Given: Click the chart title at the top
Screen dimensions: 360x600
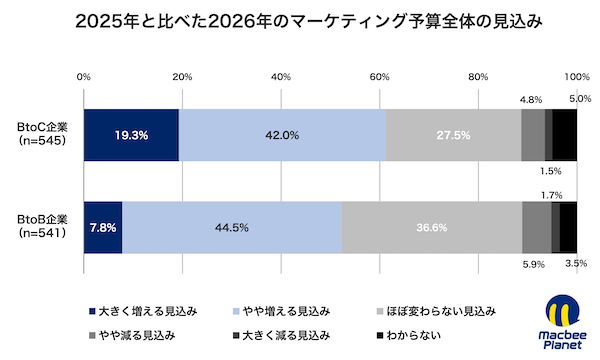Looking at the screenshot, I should (x=300, y=22).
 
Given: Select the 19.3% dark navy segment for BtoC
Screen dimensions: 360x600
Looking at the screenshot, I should (x=131, y=135).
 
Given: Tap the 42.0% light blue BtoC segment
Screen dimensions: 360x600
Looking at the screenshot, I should (x=282, y=135).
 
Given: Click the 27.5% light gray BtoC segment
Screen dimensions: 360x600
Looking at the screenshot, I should (x=453, y=135).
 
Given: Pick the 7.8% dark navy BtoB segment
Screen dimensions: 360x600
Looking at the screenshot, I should (x=102, y=227).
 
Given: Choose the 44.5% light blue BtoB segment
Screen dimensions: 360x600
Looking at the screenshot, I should (x=231, y=227).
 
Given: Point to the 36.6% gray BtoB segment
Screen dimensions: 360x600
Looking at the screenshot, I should (x=431, y=227).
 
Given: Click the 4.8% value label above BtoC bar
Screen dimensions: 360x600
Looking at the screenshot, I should (x=532, y=100).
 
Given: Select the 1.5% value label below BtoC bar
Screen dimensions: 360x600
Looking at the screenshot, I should (x=551, y=171).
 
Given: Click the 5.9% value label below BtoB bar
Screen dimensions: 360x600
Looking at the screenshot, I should (x=534, y=264).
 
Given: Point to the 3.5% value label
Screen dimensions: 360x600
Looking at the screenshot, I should (x=576, y=264).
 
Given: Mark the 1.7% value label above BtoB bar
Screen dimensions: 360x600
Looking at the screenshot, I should (x=551, y=194).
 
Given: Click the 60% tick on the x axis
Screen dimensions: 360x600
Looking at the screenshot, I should (x=379, y=76).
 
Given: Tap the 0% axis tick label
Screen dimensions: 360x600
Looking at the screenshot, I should (x=84, y=76).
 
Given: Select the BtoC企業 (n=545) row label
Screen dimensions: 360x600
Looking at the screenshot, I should (x=42, y=135).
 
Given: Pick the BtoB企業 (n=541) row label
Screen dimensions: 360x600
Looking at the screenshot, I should (x=42, y=227).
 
